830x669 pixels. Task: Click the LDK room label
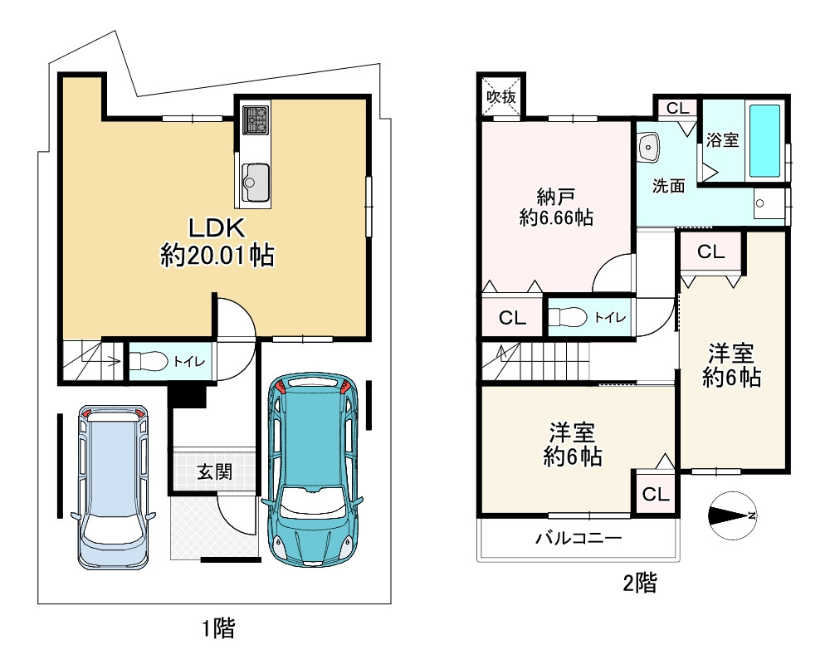[x=217, y=228]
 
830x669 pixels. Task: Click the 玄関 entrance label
[x=214, y=471]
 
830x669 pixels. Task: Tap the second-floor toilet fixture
[x=567, y=317]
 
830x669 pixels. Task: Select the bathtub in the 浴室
[x=765, y=141]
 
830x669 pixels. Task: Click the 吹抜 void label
[x=500, y=97]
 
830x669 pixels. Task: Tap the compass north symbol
[x=733, y=515]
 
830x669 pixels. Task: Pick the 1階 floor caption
[x=218, y=628]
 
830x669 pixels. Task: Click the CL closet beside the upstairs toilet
[x=512, y=318]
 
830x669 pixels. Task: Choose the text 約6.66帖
[x=556, y=217]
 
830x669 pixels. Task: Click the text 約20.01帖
[x=217, y=256]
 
